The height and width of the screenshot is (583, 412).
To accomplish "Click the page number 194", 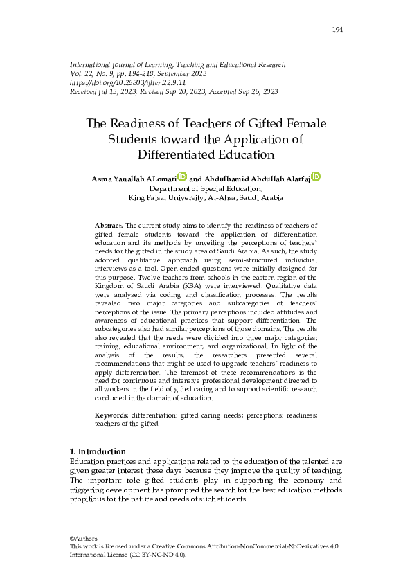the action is tap(338, 29).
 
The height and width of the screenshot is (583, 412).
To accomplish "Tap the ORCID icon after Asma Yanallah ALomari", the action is tap(182, 177).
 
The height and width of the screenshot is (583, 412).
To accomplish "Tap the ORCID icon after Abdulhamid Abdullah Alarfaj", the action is tap(316, 177).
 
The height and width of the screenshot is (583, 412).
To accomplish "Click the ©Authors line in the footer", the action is tap(84, 539).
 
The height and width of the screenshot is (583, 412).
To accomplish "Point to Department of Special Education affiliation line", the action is tap(206, 188).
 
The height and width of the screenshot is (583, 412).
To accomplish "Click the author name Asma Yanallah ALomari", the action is tap(134, 179).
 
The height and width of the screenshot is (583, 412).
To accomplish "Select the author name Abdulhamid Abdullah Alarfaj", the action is tap(251, 179).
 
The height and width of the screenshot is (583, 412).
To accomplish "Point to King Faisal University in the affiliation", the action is tap(165, 197).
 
